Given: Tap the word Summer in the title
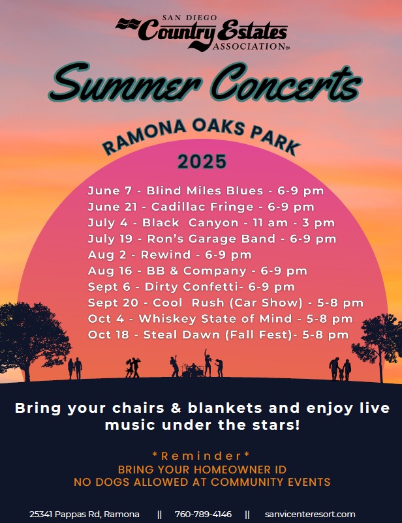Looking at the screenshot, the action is pyautogui.click(x=125, y=82).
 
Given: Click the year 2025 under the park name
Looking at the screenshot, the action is pyautogui.click(x=202, y=162).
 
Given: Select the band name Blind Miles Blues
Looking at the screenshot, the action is pyautogui.click(x=205, y=191).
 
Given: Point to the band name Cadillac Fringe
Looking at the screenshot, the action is pyautogui.click(x=202, y=207).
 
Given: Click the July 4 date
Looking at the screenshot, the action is pyautogui.click(x=108, y=223).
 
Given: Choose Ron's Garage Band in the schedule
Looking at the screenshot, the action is pyautogui.click(x=211, y=239).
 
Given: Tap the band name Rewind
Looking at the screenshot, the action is pyautogui.click(x=166, y=255).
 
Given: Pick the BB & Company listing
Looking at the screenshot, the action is pyautogui.click(x=196, y=271).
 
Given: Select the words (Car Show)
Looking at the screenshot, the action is pyautogui.click(x=266, y=303).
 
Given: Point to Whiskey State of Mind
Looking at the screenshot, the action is pyautogui.click(x=215, y=319).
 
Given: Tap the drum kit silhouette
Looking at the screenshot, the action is pyautogui.click(x=193, y=370).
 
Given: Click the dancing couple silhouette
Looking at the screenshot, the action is pyautogui.click(x=132, y=368).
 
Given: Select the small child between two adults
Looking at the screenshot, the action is pyautogui.click(x=341, y=374).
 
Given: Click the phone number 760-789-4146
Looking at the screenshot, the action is pyautogui.click(x=203, y=515).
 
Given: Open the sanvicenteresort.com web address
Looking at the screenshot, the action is pyautogui.click(x=310, y=515).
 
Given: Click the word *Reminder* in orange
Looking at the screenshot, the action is pyautogui.click(x=201, y=456).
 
